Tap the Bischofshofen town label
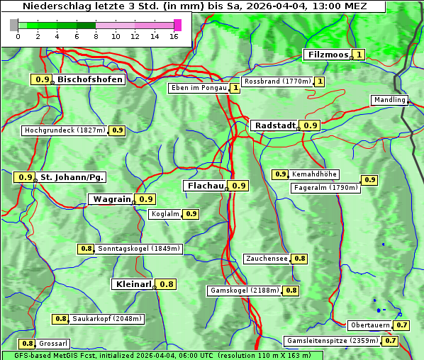[x=90, y=80]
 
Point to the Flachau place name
[x=204, y=186]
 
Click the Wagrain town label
[x=111, y=199]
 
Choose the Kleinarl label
[x=133, y=284]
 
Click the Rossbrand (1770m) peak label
[x=277, y=81]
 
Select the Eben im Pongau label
[x=199, y=88]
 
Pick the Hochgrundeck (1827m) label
[x=65, y=130]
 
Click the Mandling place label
[x=389, y=100]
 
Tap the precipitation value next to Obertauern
[x=402, y=325]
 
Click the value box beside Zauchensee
[x=300, y=259]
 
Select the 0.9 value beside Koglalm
[x=191, y=214]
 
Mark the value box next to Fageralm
[x=369, y=180]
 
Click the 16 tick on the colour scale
[x=174, y=35]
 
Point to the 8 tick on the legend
[x=96, y=35]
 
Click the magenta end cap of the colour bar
[x=177, y=25]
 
